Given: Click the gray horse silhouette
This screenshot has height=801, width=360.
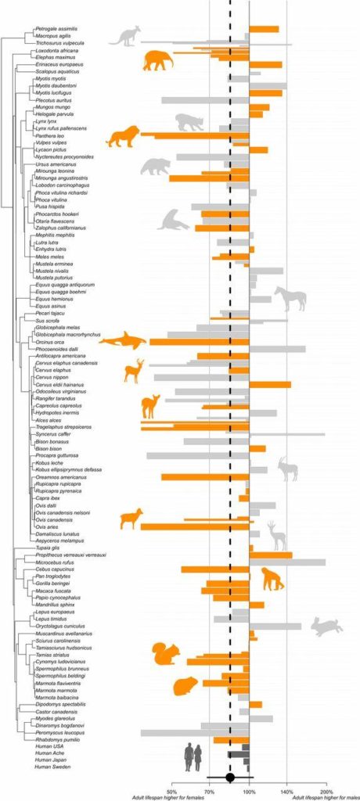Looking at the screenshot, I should (x=290, y=298).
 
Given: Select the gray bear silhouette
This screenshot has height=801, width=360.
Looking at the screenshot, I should (x=155, y=167).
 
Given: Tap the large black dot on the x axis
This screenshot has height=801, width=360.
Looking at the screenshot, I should (x=230, y=777).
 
